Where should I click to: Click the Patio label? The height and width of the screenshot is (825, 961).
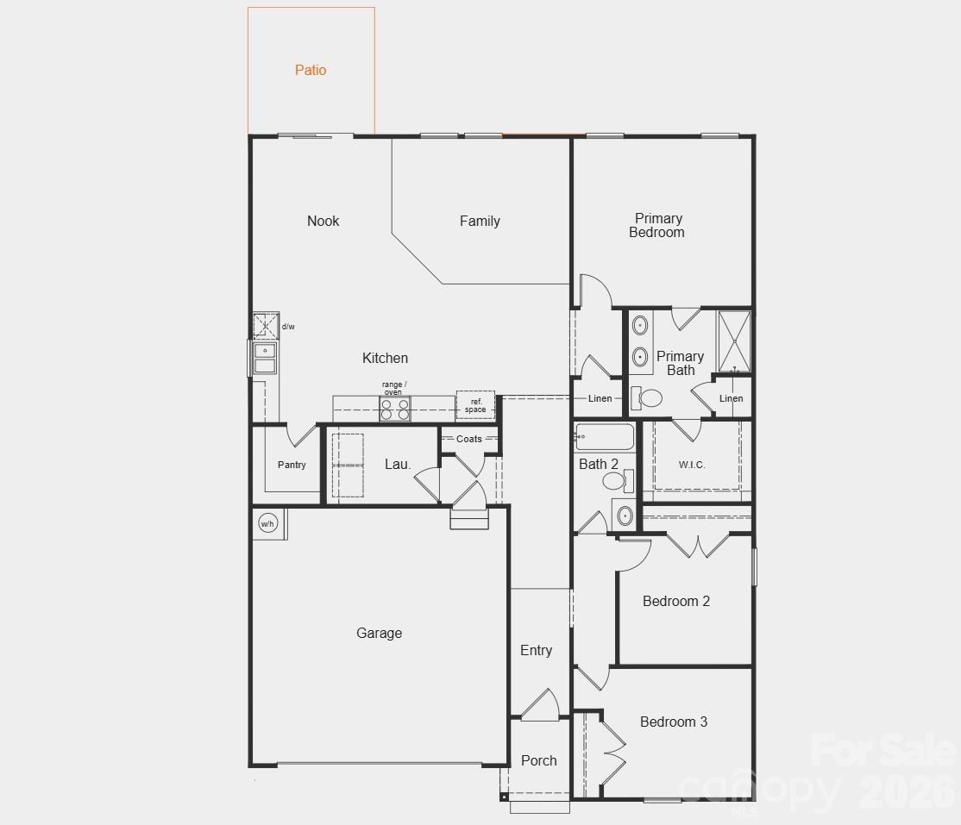(311, 71)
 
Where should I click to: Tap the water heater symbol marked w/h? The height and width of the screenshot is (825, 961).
(267, 523)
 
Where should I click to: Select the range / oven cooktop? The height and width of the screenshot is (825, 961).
(395, 409)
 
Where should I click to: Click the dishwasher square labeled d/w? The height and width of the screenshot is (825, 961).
(266, 326)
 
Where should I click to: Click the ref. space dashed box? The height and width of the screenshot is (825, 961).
(475, 405)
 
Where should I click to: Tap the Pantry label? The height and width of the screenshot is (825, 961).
(292, 465)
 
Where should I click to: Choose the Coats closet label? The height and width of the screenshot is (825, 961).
(469, 439)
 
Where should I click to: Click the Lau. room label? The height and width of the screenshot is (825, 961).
(398, 464)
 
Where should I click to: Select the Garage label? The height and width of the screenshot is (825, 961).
(379, 633)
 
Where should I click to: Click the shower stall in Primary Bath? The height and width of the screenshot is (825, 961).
(734, 341)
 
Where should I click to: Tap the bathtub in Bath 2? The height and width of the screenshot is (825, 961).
(605, 437)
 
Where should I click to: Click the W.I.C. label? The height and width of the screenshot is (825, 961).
(692, 465)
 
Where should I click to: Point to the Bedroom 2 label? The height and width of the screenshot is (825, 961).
(676, 601)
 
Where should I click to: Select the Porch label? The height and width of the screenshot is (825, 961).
(539, 760)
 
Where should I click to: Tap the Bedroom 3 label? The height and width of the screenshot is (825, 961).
(674, 722)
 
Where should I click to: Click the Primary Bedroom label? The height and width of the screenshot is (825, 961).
(657, 225)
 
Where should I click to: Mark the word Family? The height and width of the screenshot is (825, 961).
(480, 222)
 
